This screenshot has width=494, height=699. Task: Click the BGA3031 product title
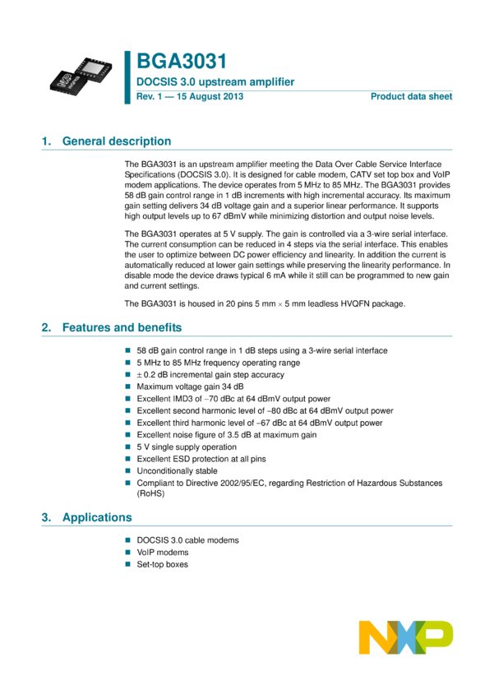point(181,62)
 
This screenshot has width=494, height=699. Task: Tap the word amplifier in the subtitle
point(270,82)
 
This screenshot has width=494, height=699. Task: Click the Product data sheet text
point(411,96)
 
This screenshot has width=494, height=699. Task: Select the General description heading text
point(117,141)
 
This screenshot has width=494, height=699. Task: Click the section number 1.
point(45,141)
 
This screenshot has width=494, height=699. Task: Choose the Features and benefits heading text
point(122,326)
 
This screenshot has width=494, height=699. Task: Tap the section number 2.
point(45,326)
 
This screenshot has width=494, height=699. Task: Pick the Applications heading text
point(97,517)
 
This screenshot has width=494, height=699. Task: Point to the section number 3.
point(45,517)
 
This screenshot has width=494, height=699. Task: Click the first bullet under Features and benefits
point(127,350)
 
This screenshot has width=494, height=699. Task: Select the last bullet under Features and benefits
point(127,483)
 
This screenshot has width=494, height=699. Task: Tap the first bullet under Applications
point(127,540)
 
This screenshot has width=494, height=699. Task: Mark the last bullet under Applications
point(127,564)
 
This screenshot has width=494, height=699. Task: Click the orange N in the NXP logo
point(373,637)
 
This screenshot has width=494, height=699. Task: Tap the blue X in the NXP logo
point(406,637)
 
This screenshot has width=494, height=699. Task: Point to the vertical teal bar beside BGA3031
point(127,77)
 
